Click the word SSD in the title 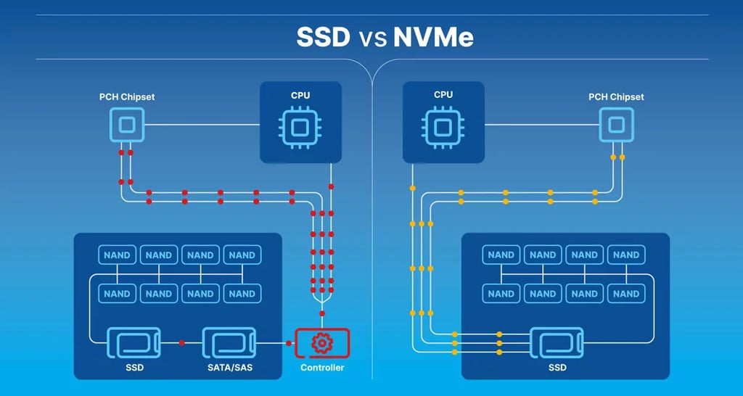(323, 37)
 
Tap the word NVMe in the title (433, 37)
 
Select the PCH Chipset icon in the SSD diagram (127, 125)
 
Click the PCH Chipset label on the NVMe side (616, 96)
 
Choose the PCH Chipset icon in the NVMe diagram (616, 125)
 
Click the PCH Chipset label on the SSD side (127, 96)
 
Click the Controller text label (322, 368)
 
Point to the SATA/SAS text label (230, 368)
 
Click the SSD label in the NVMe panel (557, 368)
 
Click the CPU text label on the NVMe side (443, 95)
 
